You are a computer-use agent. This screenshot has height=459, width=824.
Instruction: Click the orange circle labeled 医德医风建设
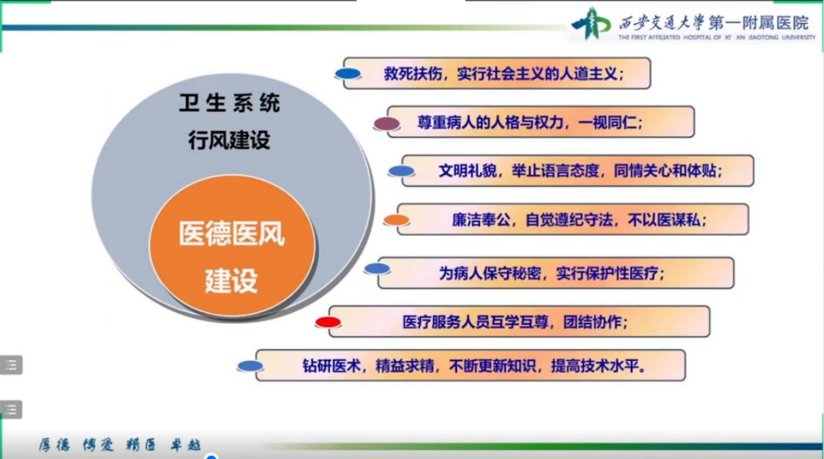[232, 245]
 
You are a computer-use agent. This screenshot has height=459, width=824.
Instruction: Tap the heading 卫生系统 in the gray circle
[230, 102]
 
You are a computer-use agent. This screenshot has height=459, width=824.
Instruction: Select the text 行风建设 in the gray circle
[229, 140]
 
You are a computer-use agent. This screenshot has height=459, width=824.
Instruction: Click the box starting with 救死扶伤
[497, 73]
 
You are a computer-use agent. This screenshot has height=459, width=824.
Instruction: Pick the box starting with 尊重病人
[541, 122]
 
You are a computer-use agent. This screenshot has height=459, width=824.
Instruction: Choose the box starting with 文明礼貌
[578, 171]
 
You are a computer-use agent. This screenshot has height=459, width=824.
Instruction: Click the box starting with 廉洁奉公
[573, 220]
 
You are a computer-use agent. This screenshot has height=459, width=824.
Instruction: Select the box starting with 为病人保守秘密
[556, 272]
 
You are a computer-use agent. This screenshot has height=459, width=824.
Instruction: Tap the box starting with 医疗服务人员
[520, 321]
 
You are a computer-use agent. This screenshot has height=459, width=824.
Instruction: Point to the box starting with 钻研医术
[471, 365]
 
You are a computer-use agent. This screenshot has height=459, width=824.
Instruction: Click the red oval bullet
[328, 322]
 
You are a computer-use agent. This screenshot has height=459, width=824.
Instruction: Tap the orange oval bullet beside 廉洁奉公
[396, 220]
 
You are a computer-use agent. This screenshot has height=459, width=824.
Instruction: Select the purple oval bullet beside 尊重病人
[387, 124]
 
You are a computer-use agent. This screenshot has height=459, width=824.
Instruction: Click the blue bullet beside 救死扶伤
[348, 73]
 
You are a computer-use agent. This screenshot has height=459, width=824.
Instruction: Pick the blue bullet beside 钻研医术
[250, 366]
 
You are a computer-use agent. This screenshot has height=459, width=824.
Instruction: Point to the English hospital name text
[716, 37]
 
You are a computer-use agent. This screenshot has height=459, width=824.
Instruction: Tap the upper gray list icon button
[11, 365]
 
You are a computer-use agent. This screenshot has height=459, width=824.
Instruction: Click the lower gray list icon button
[11, 409]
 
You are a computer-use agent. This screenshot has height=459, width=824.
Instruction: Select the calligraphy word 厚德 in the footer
[54, 445]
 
